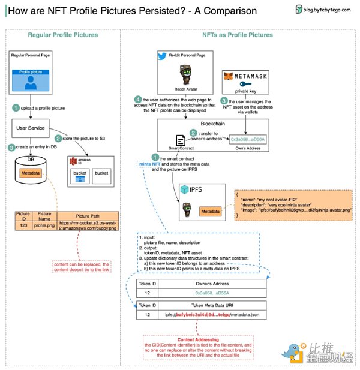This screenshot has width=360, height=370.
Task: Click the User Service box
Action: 31,127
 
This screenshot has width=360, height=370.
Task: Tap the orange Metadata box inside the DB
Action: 29,173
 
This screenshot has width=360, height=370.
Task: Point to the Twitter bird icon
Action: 161,55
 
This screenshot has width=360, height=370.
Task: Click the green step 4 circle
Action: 137,99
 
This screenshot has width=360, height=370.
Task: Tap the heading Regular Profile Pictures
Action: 62,35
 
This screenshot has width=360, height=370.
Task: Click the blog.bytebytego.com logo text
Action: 328,10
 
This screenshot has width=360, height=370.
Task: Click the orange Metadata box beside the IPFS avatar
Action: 211,212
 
